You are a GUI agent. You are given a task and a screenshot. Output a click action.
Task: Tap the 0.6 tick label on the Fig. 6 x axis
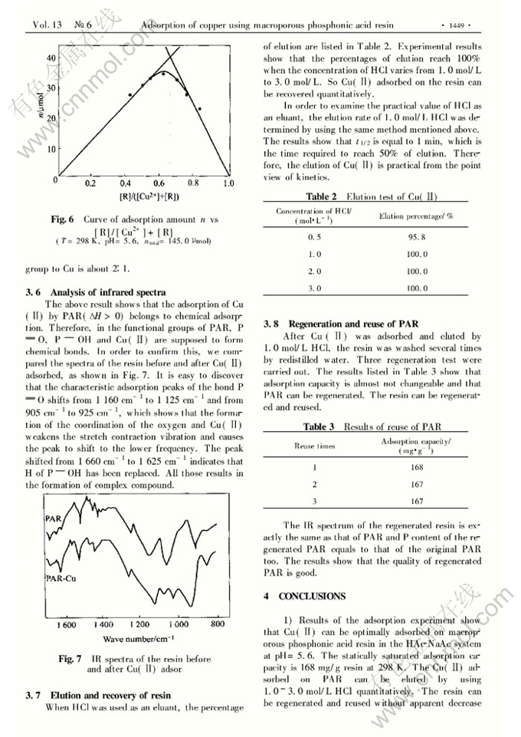159,184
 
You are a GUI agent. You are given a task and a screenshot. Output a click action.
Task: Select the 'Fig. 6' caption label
63,219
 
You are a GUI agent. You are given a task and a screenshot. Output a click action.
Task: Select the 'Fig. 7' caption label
70,659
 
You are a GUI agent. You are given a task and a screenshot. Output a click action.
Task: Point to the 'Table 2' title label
322,197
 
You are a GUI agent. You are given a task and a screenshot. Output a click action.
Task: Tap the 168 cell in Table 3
417,466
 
